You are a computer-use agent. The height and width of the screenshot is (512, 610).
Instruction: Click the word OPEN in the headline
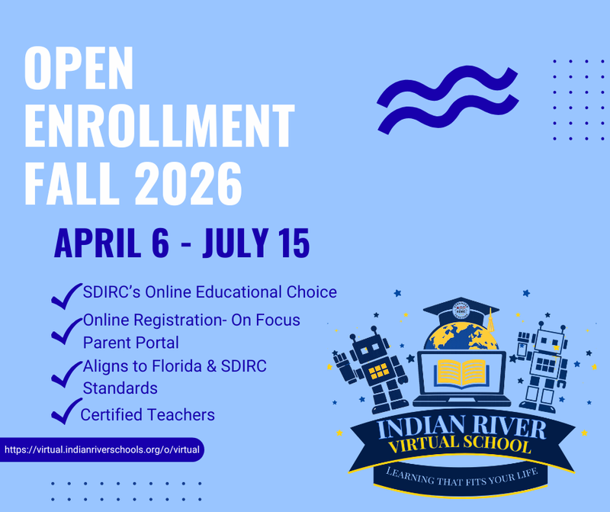click(79, 69)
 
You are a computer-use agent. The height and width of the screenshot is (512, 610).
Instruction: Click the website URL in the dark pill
click(102, 449)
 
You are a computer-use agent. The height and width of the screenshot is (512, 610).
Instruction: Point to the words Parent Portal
click(130, 343)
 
